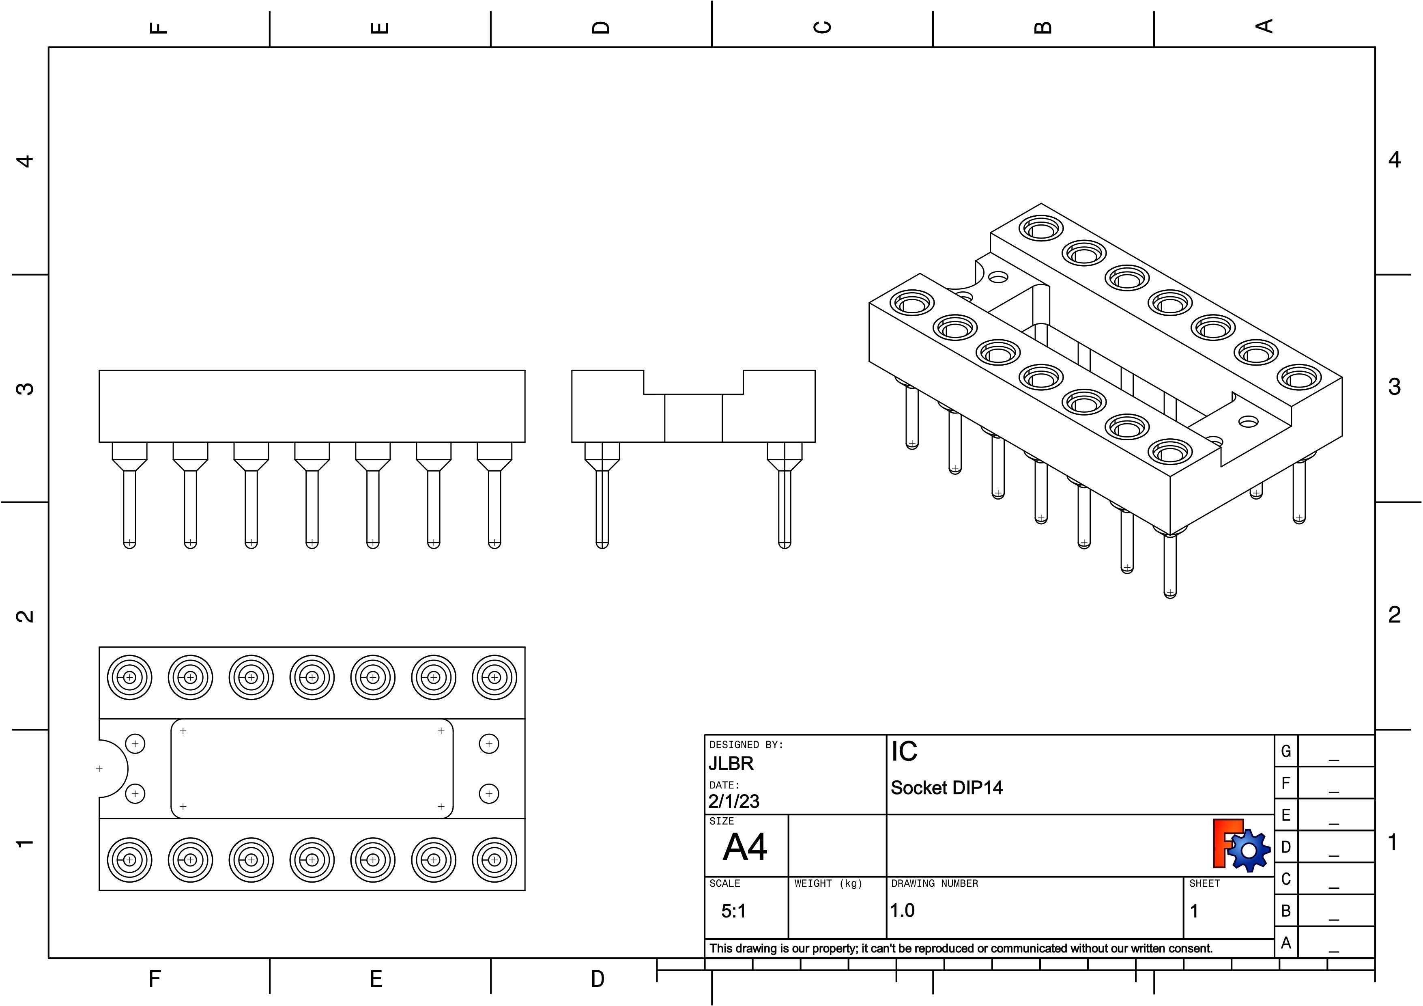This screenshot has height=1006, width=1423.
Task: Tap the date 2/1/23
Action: point(734,801)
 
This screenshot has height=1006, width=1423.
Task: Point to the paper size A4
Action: point(745,847)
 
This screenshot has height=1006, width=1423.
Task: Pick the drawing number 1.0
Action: point(903,911)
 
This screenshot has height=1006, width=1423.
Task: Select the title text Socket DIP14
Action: point(946,788)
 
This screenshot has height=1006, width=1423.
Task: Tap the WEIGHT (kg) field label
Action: point(828,883)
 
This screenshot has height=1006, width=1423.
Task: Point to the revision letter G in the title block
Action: point(1285,751)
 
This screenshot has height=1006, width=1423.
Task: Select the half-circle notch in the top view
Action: point(112,769)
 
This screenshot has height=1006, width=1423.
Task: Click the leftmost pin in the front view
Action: point(129,496)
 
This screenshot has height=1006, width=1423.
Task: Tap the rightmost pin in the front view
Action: point(494,496)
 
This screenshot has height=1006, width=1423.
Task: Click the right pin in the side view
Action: point(785,496)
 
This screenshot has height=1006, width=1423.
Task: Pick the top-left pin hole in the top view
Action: point(129,677)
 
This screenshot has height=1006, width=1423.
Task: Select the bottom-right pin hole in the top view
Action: point(494,860)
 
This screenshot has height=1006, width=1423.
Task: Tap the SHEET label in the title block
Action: point(1204,883)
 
